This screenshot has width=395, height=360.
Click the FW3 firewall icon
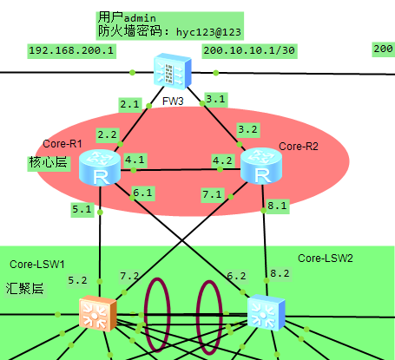coord(173,70)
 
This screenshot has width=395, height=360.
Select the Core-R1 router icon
coord(100,167)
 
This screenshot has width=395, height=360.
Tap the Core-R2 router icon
coord(261,166)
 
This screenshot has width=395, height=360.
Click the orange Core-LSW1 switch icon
coord(98,313)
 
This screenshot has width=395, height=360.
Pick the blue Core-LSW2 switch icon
coord(267,312)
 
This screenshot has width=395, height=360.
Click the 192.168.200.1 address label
coord(71,50)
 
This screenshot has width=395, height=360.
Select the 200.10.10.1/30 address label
coord(249,50)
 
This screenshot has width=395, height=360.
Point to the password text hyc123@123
coord(208,32)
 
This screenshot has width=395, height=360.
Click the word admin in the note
coord(140,18)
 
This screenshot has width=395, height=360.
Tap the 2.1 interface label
coord(130,104)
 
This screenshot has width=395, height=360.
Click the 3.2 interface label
coord(247,129)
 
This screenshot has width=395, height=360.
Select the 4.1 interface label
coord(135,160)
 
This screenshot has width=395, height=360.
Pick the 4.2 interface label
coord(222,160)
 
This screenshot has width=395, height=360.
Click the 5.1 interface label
coord(82,209)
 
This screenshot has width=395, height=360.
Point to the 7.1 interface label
coord(212,194)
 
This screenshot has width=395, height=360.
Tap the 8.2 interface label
coord(280,273)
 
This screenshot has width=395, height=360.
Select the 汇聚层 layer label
coord(24,289)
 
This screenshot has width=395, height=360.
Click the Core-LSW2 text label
coord(326,259)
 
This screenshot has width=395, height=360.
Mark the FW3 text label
coord(173,101)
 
